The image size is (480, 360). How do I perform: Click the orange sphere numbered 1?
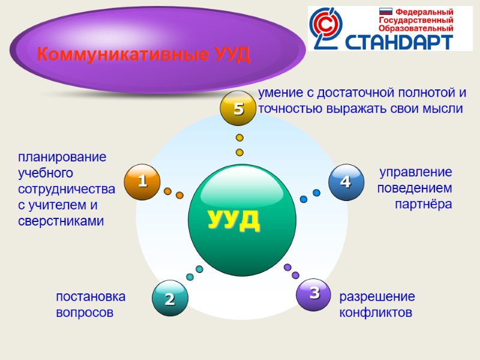(x=143, y=181)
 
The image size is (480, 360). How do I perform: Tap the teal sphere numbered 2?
(x=170, y=298)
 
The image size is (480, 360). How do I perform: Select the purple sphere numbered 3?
(x=314, y=294)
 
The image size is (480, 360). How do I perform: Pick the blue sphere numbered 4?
(x=346, y=182)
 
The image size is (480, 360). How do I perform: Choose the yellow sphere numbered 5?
(x=239, y=109)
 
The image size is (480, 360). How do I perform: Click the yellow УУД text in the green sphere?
(x=234, y=220)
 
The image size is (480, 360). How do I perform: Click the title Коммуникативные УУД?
(x=143, y=55)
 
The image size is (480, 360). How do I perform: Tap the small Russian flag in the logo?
(x=386, y=11)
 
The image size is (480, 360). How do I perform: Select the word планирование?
(x=62, y=157)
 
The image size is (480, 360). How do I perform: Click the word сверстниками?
(x=61, y=221)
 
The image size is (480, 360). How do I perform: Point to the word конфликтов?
(x=376, y=313)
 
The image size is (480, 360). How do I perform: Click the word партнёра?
(x=423, y=204)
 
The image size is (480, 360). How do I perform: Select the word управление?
(x=416, y=172)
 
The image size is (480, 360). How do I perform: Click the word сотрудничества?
(x=67, y=189)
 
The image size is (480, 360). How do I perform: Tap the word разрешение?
(x=377, y=296)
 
